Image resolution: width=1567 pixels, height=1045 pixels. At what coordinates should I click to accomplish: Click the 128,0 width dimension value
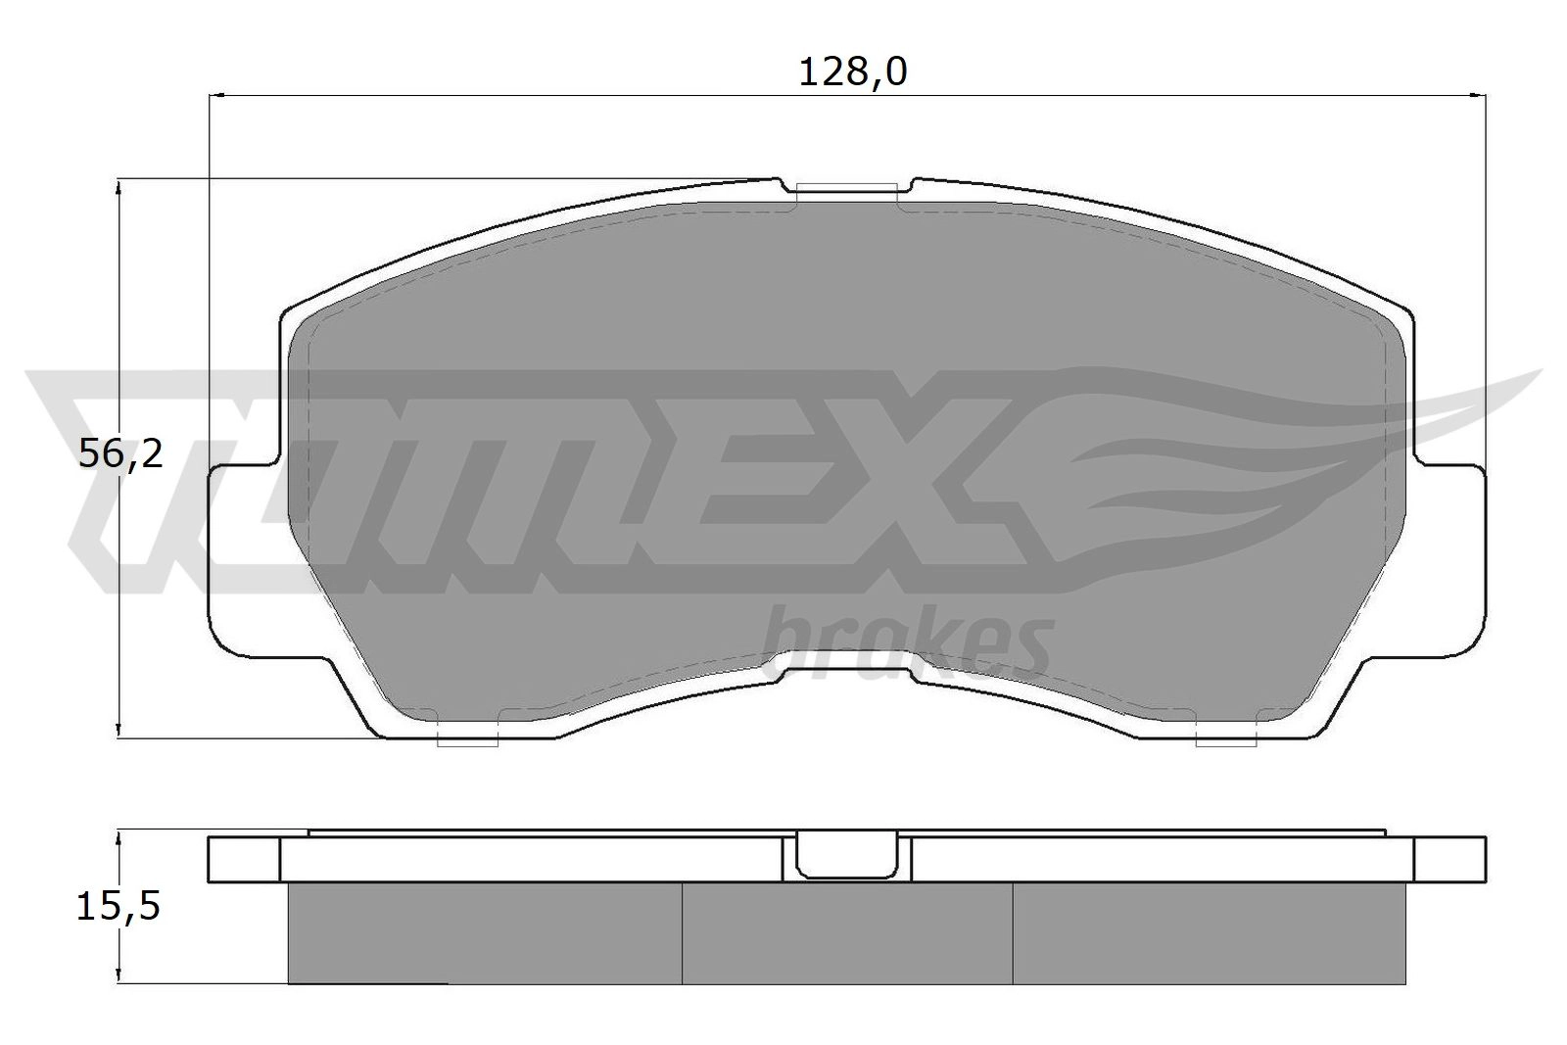(853, 72)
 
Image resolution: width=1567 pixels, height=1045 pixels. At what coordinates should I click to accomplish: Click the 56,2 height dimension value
(120, 454)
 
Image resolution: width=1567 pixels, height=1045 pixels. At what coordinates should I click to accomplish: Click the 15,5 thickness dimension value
(119, 906)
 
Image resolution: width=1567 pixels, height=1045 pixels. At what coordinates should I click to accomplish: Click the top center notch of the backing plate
(846, 187)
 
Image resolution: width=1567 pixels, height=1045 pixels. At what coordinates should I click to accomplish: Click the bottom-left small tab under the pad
(467, 740)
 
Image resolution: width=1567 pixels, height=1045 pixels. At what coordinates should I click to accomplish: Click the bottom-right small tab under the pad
(1226, 740)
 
